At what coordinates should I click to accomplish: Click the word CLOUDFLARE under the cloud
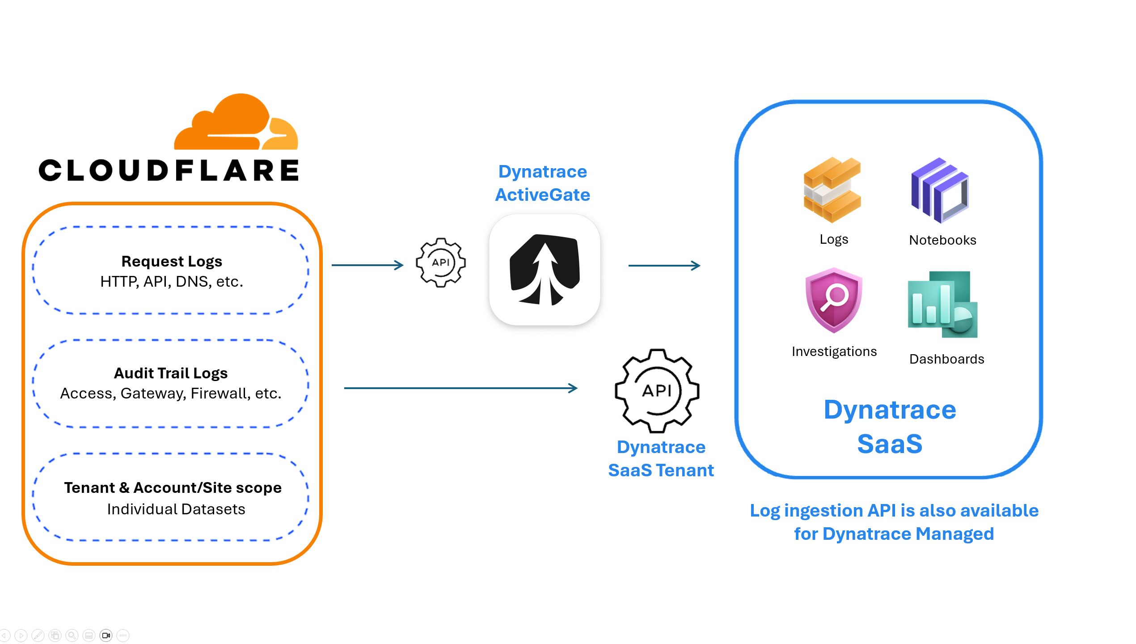pos(169,170)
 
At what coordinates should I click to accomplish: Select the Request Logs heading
pos(172,261)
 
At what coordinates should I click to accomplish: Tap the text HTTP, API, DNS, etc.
pos(172,282)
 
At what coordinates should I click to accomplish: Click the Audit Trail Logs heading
pos(171,373)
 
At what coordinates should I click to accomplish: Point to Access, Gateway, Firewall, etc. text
pos(171,394)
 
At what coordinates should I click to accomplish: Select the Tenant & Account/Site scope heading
pos(173,487)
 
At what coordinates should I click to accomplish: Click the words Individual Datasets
pos(176,509)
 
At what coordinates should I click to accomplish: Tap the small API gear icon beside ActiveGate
pos(440,263)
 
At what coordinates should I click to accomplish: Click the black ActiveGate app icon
pos(545,270)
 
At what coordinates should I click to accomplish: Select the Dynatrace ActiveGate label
pos(542,183)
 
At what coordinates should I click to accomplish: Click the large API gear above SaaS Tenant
pos(657,391)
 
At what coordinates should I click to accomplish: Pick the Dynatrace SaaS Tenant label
pos(661,459)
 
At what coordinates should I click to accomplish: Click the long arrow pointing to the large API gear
pos(460,388)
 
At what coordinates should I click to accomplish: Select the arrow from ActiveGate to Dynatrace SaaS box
pos(664,266)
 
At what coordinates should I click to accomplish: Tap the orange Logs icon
pos(832,190)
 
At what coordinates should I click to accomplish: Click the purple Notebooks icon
pos(940,190)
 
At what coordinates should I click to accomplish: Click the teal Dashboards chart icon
pos(942,304)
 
